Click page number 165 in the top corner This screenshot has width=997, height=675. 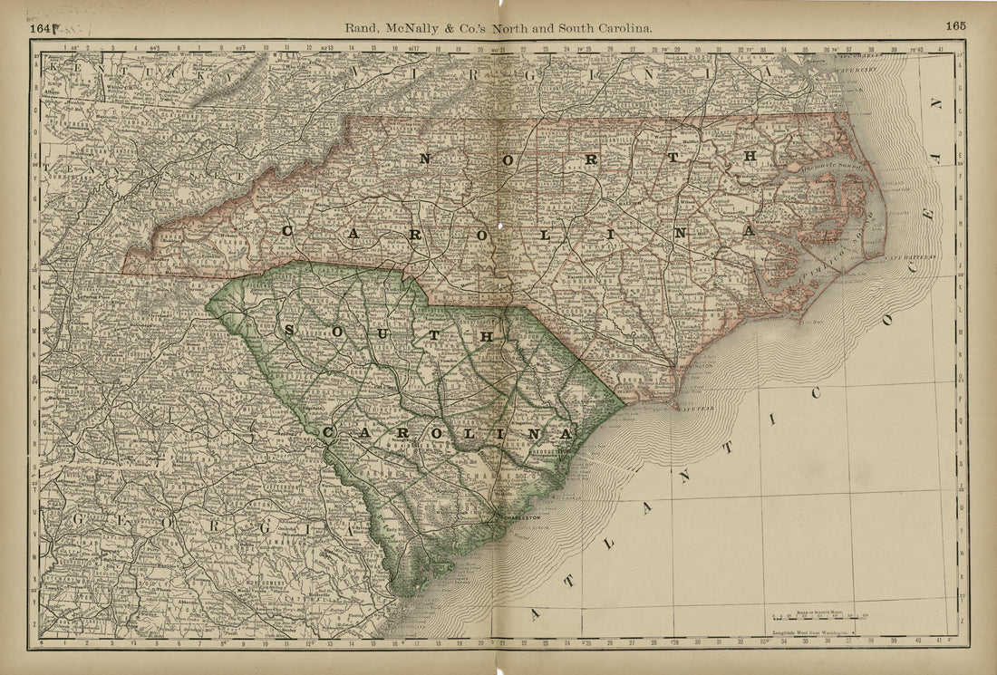tap(955, 25)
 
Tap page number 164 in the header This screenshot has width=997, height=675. tap(42, 27)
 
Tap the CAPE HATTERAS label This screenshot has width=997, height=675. tap(913, 257)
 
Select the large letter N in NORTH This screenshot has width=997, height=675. tap(422, 158)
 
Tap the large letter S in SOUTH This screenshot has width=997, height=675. tap(289, 330)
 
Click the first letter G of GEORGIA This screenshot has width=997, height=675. tap(80, 519)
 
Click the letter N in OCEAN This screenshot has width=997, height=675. tap(935, 104)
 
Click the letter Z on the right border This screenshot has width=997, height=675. tap(960, 626)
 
